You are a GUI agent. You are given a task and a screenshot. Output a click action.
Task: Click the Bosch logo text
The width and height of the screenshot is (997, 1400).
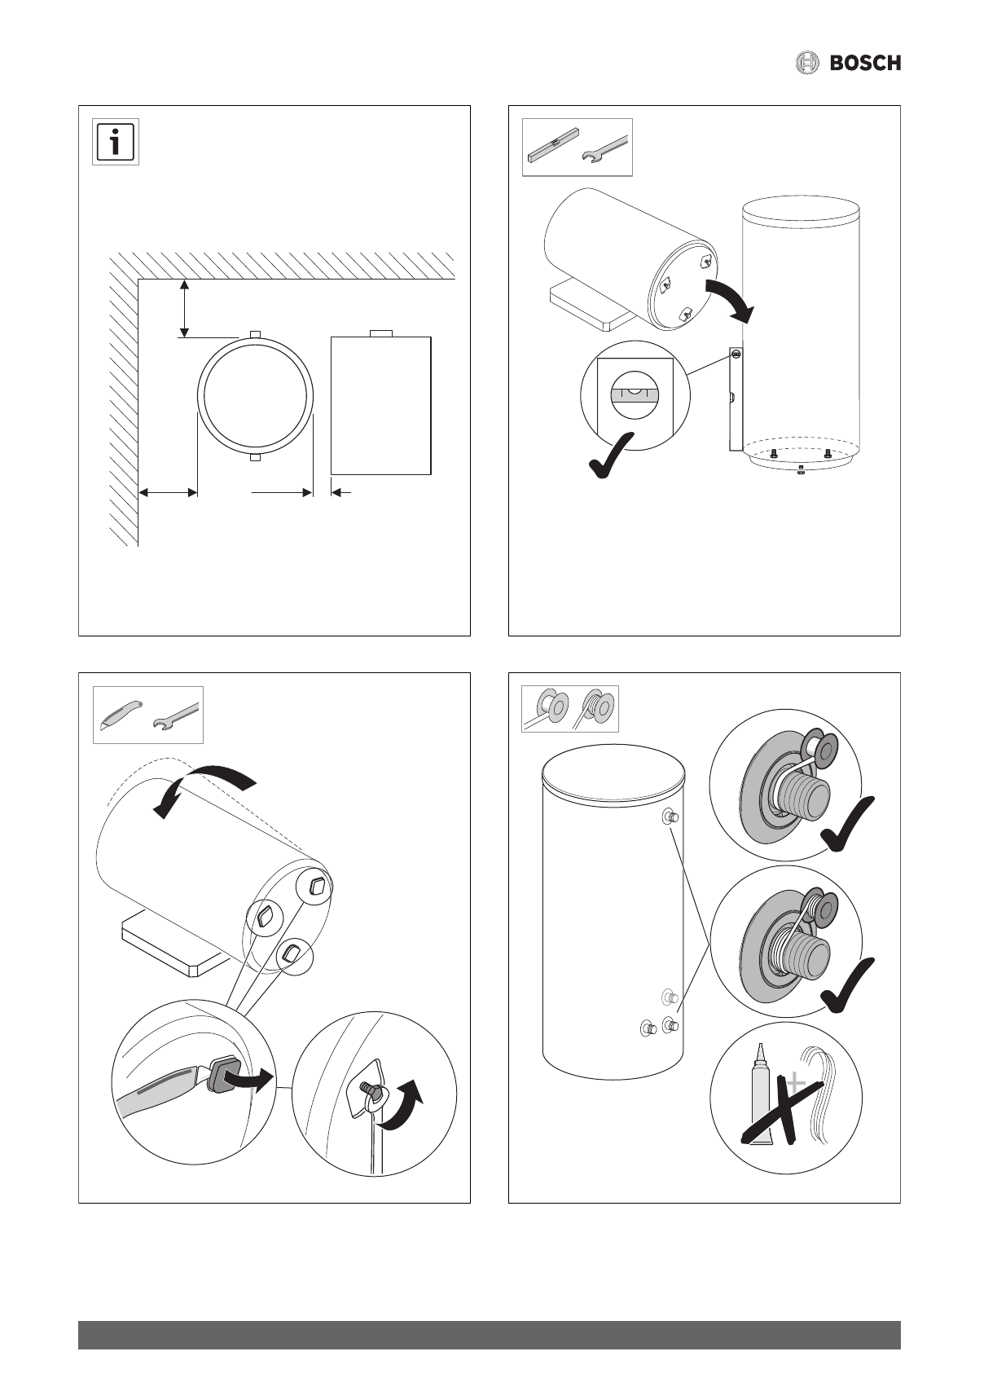pyautogui.click(x=865, y=63)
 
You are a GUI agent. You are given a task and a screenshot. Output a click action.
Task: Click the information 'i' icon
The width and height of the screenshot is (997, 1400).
pyautogui.click(x=116, y=143)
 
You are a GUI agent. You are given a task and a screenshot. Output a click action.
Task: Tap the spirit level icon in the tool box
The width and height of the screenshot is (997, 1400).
pyautogui.click(x=551, y=146)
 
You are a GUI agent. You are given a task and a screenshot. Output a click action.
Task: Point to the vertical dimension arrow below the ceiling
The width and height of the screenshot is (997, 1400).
pyautogui.click(x=185, y=308)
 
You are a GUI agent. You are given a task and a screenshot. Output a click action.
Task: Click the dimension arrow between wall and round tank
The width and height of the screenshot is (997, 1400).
pyautogui.click(x=168, y=492)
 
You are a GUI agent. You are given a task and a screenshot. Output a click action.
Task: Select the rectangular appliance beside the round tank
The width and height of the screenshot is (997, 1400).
pyautogui.click(x=380, y=404)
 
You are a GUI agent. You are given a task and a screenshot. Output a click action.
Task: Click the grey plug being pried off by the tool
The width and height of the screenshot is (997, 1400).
pyautogui.click(x=222, y=1076)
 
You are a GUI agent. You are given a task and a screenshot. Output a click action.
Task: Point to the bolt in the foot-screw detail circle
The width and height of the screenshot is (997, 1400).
pyautogui.click(x=367, y=1089)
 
